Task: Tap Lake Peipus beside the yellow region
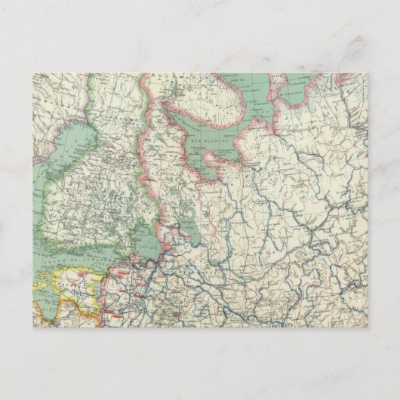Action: pyautogui.click(x=97, y=291)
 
